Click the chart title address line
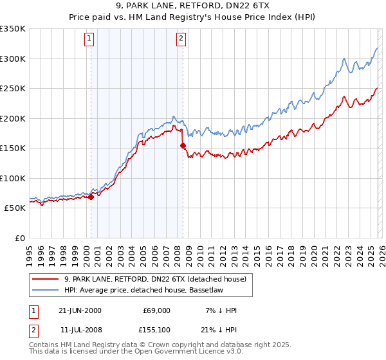(193, 5)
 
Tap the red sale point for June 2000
(91, 197)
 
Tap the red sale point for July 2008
(183, 145)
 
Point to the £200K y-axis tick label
(13, 118)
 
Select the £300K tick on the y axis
(13, 59)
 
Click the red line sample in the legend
(46, 279)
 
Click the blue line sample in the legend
(46, 290)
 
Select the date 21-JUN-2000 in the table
(80, 310)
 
